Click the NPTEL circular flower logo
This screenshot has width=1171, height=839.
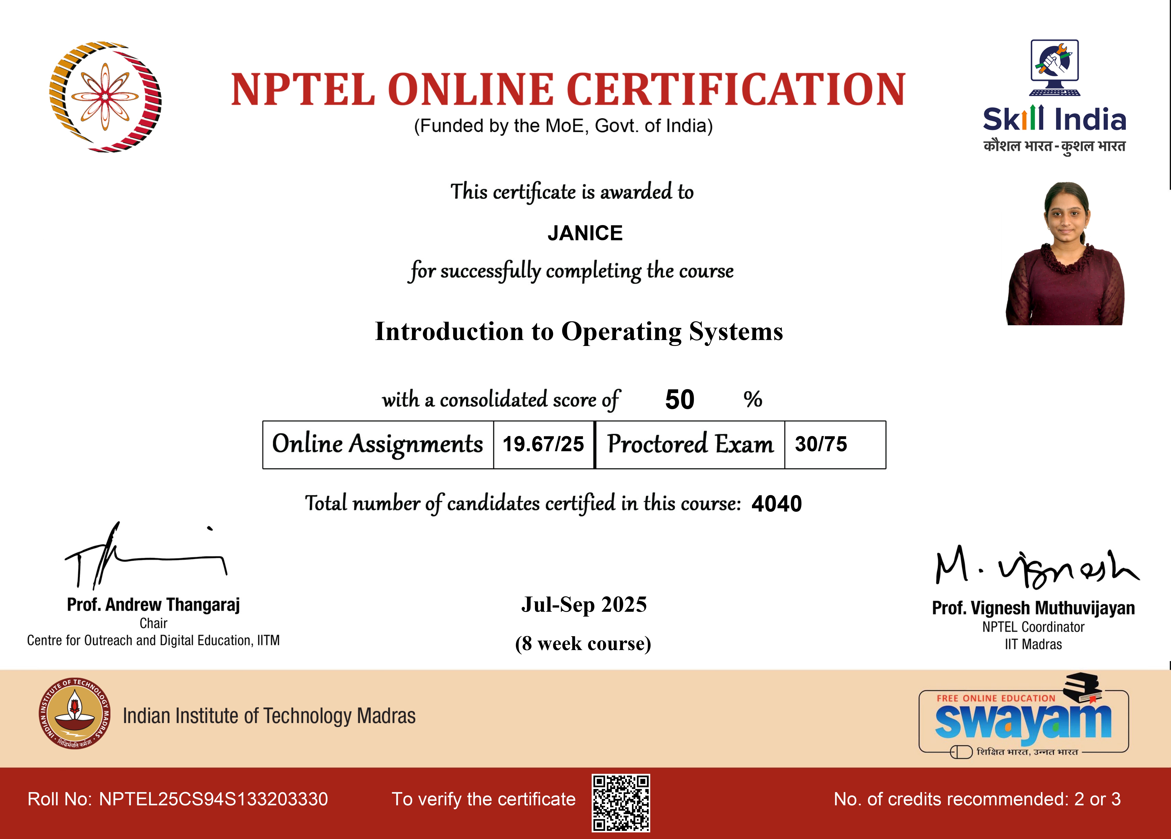[105, 96]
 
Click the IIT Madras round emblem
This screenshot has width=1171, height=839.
[75, 713]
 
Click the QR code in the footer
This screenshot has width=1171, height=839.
[621, 803]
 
